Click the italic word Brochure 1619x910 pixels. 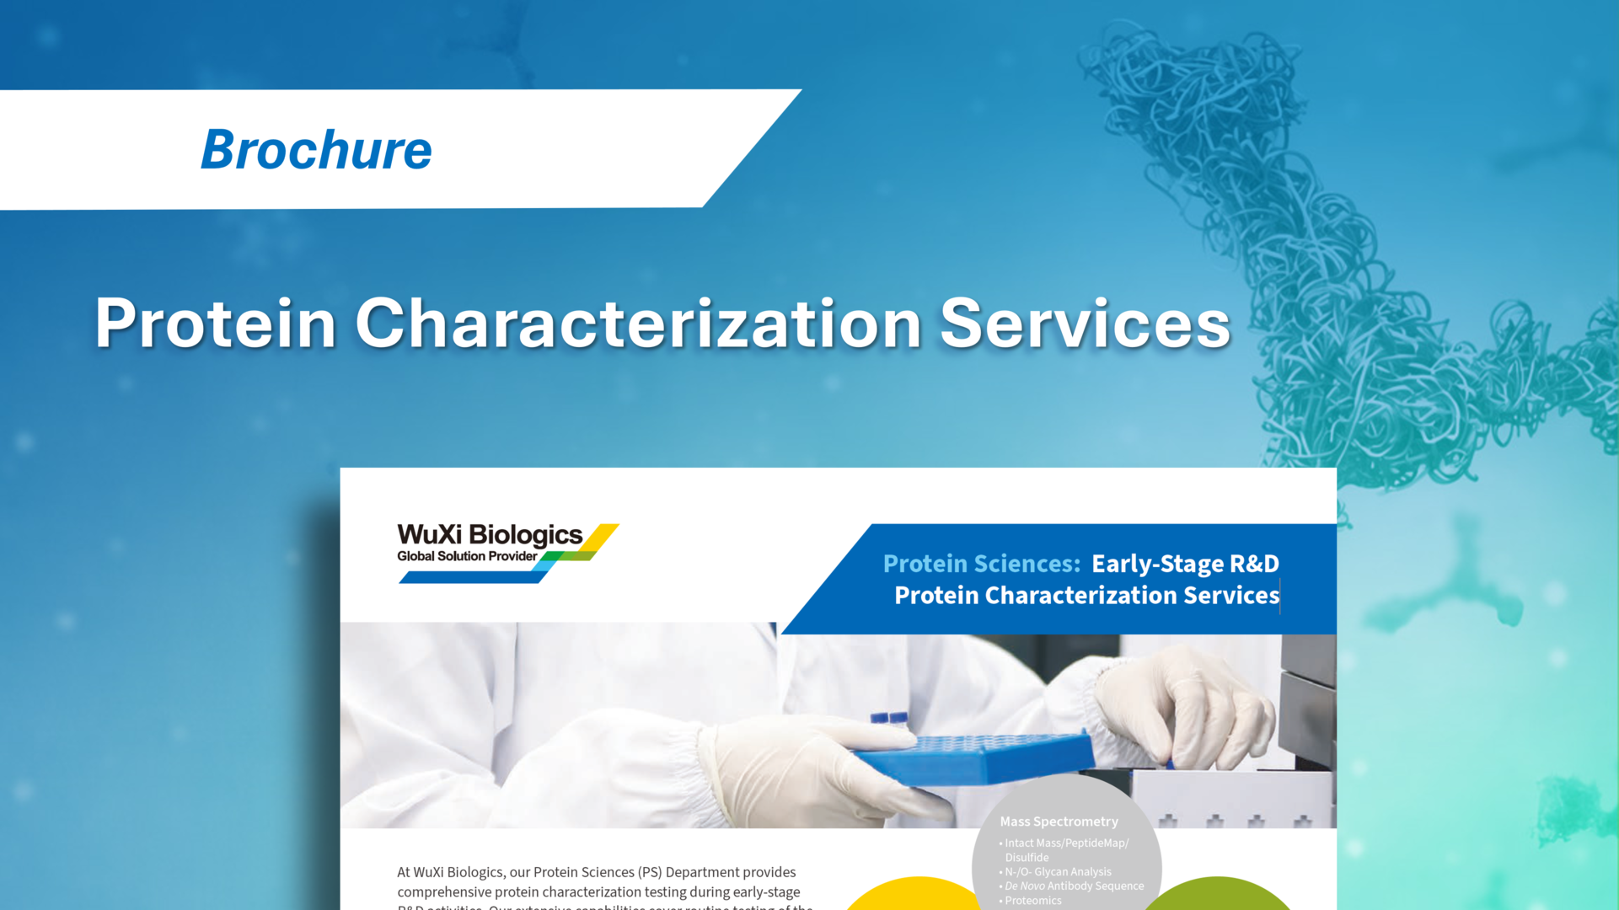316,150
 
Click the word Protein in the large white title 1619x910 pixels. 216,323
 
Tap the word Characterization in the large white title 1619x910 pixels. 638,323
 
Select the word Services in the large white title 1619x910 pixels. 1085,323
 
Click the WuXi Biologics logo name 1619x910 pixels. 490,535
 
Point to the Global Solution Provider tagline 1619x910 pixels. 467,556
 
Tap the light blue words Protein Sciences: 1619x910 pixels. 981,564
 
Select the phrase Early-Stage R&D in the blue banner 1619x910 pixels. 1185,564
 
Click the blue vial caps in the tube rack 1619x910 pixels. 889,719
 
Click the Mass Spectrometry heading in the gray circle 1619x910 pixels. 1059,822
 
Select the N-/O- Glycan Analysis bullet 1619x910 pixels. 1058,872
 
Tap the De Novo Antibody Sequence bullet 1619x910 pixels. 1074,886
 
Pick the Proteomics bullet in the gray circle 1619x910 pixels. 1032,901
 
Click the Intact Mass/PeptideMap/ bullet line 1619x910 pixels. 1066,843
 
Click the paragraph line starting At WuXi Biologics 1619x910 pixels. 596,872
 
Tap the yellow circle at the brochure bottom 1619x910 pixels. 914,895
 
